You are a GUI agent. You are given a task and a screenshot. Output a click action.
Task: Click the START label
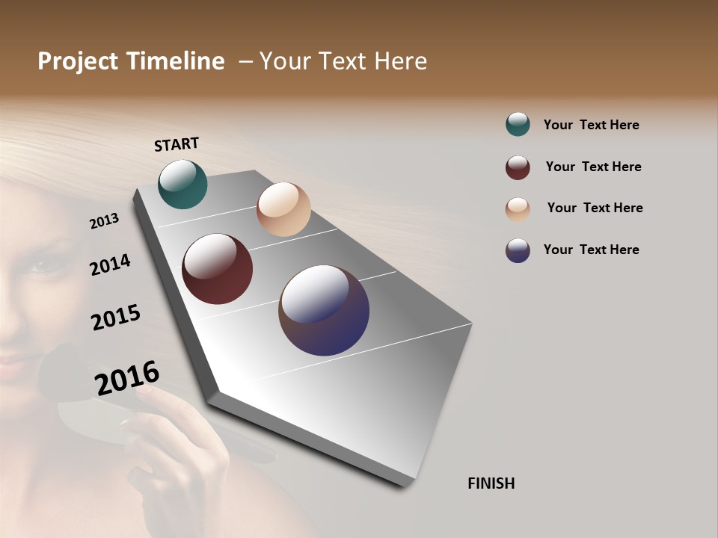[x=177, y=144]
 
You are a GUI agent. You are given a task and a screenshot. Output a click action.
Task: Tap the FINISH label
[x=491, y=483]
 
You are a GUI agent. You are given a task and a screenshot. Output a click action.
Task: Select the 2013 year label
[x=104, y=221]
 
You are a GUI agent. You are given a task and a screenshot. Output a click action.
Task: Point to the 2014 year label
[x=110, y=265]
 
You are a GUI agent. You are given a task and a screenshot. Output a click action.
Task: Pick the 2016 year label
[x=127, y=378]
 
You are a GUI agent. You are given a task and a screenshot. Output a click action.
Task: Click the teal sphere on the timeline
[x=182, y=185]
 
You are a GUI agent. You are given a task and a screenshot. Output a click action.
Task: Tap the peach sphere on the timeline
[x=283, y=209]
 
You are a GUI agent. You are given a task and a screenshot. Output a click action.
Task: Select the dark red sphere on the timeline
[x=217, y=269]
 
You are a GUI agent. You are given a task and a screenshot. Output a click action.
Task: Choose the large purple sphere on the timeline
[x=324, y=310]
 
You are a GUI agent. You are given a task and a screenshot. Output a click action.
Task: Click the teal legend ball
[x=518, y=124]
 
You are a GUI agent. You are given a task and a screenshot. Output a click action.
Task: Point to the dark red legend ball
[x=518, y=167]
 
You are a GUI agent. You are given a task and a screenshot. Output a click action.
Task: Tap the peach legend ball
[x=518, y=209]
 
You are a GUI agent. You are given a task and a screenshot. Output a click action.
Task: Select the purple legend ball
[x=518, y=250]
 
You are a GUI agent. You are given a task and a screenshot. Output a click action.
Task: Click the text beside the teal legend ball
[x=591, y=125]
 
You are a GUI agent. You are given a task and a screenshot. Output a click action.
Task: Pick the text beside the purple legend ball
[x=591, y=250]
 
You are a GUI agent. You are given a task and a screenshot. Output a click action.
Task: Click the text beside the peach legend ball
[x=595, y=208]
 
